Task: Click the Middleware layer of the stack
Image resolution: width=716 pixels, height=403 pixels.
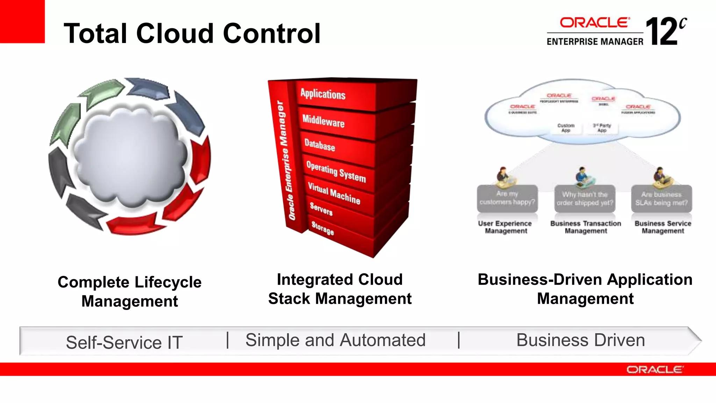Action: point(323,121)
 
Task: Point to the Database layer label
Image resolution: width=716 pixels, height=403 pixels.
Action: point(320,144)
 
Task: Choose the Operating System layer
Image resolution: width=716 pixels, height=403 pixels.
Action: point(336,171)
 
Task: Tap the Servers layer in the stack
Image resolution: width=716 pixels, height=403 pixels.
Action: point(321,209)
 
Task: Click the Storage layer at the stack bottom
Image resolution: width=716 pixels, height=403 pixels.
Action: point(322,228)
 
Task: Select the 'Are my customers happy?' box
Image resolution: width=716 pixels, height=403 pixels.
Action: point(507,198)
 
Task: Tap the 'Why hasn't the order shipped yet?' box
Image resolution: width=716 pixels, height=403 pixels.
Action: point(585,199)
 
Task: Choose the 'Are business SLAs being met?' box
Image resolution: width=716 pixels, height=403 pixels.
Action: point(661,199)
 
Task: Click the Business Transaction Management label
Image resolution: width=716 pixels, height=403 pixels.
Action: point(586,227)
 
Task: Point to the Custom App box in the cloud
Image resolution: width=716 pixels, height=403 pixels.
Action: point(566,128)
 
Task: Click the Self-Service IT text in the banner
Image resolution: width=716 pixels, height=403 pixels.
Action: point(124,342)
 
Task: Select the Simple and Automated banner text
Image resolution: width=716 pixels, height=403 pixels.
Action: point(335,340)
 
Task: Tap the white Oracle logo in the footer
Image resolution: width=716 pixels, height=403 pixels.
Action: point(654,369)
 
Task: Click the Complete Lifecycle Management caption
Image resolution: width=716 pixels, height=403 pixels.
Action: point(129,291)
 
